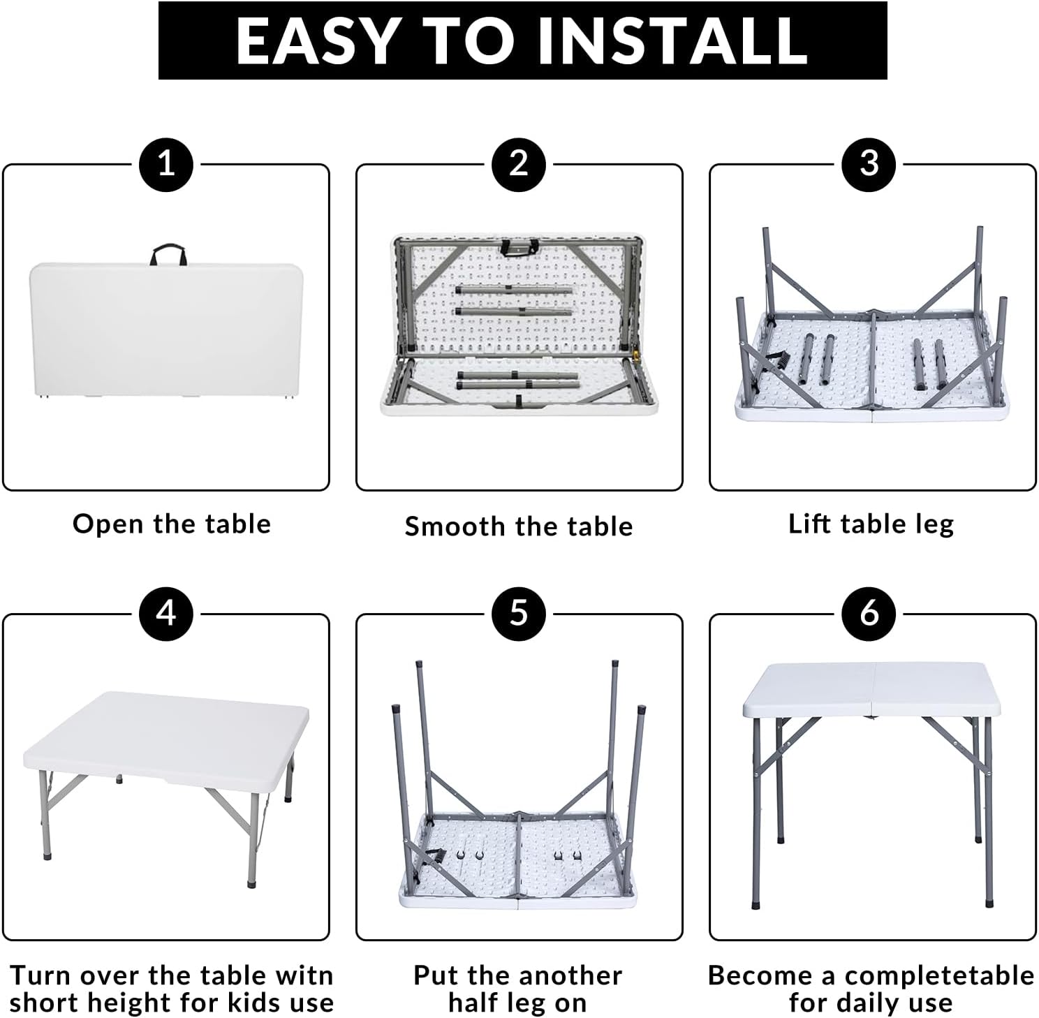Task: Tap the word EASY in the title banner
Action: (x=316, y=40)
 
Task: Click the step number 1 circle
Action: (x=166, y=165)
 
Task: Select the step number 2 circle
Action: (x=519, y=165)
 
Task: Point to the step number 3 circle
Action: (x=869, y=165)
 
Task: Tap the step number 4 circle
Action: (x=166, y=614)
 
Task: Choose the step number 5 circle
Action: (x=519, y=614)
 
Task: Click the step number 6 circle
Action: (x=869, y=614)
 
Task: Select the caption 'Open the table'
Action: (x=172, y=524)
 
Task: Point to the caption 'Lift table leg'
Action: (x=871, y=524)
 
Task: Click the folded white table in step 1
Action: (x=166, y=328)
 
